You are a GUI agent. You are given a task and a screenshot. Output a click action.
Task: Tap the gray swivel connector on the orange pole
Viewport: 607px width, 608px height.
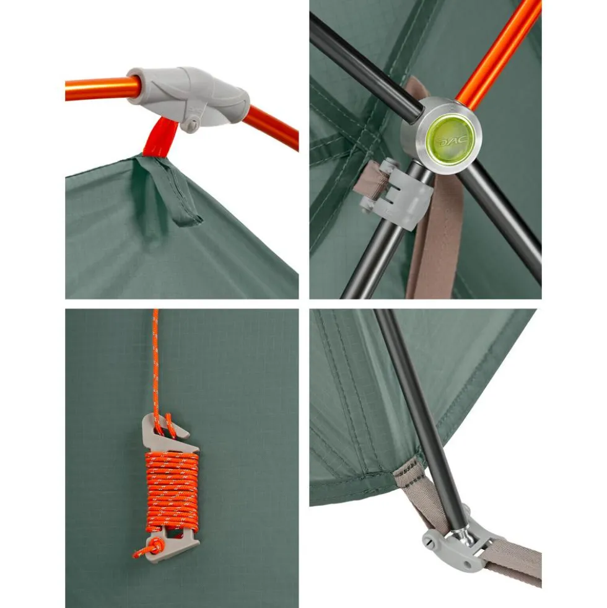pos(188,96)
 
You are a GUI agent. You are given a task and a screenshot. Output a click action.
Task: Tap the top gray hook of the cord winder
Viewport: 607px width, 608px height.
pos(170,430)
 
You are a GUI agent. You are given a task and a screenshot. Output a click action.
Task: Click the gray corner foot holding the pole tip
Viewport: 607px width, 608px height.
pos(456,547)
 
